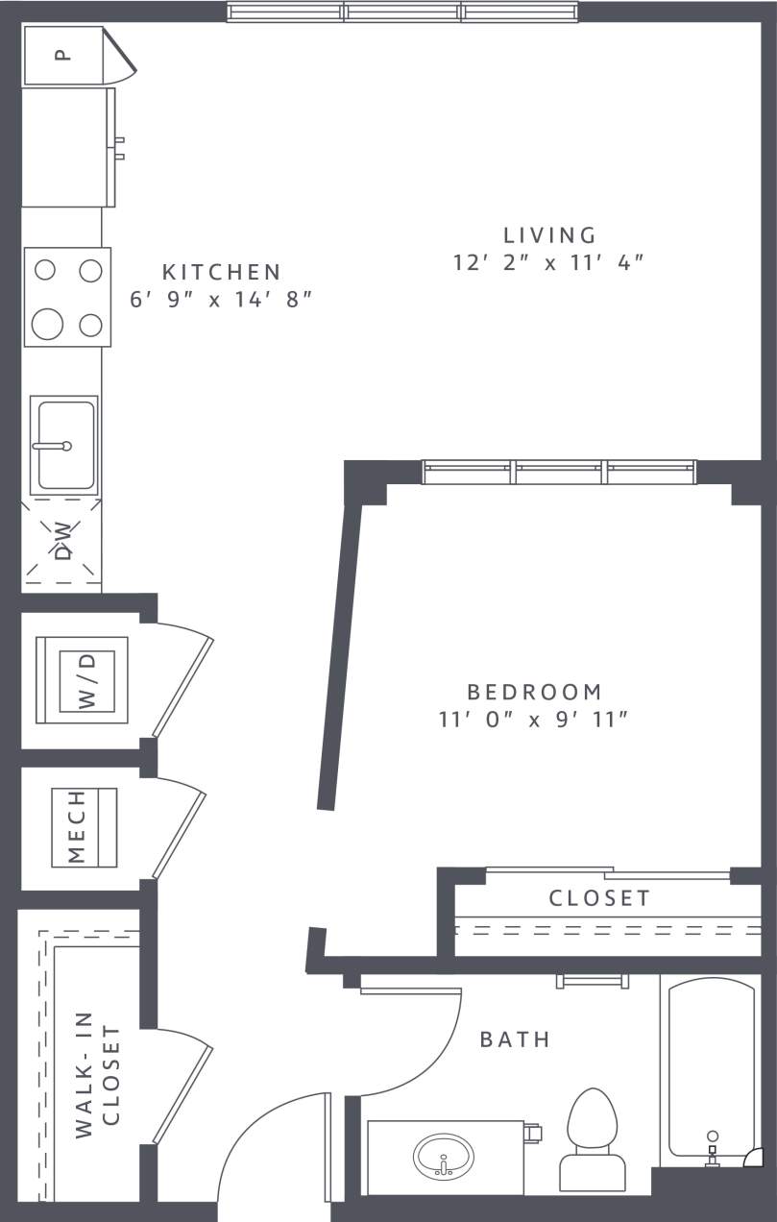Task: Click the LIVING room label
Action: (549, 234)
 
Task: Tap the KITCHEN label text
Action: (221, 272)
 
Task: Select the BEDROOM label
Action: (534, 692)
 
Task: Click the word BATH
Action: (515, 1039)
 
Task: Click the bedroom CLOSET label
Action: (599, 898)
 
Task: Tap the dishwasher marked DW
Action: (62, 541)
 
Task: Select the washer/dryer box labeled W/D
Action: (86, 680)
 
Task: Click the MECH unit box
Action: (84, 827)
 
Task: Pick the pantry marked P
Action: (62, 56)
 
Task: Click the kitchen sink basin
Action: (64, 445)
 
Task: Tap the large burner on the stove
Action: (47, 324)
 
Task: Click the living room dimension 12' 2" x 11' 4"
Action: (547, 262)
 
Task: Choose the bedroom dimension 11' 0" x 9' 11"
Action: (533, 720)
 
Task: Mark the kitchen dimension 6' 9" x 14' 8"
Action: (221, 299)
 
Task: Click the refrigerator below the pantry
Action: (64, 147)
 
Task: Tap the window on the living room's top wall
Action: (402, 12)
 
